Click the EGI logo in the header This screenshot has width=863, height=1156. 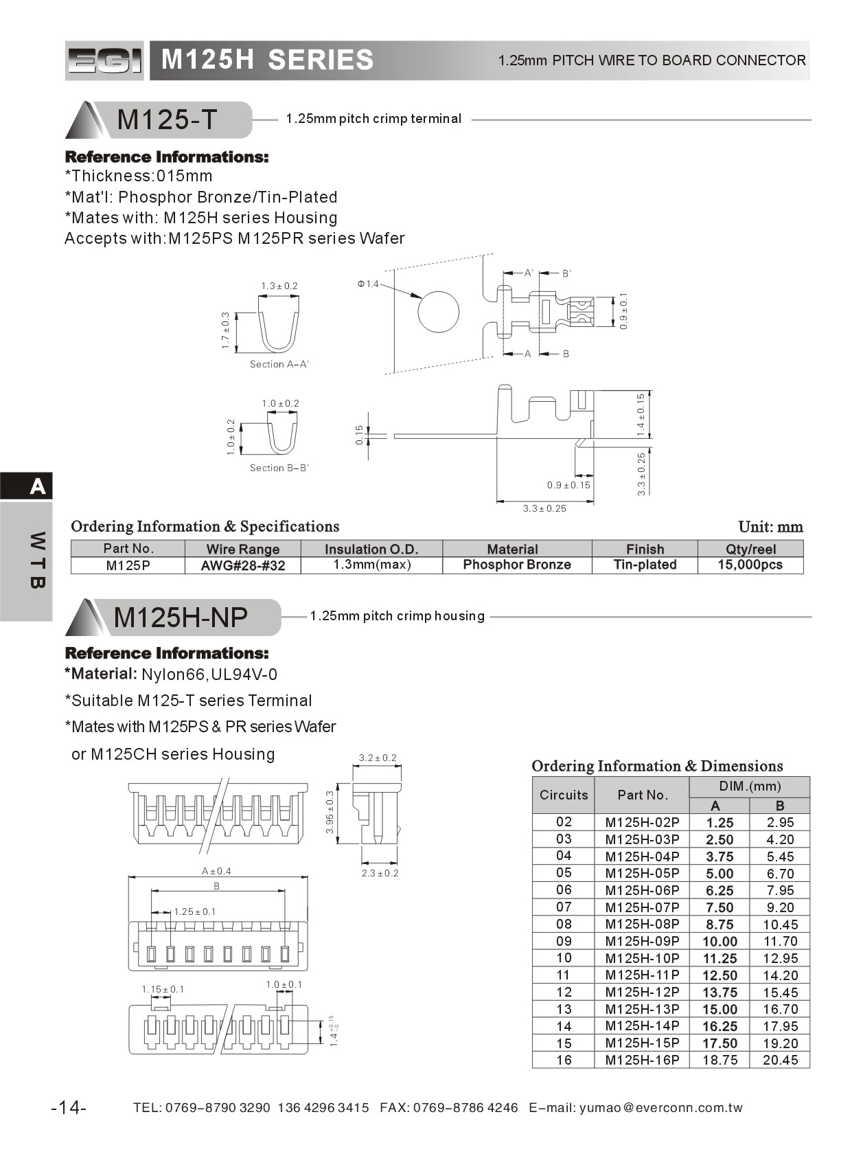(104, 60)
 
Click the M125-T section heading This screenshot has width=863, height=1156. (166, 120)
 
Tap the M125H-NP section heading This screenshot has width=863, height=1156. (180, 617)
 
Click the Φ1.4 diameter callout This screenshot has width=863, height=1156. (368, 284)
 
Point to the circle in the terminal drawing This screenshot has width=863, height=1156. (438, 311)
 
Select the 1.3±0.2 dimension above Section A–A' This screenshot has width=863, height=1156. (279, 286)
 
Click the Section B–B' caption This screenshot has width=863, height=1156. (279, 468)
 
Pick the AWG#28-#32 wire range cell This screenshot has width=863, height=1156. (242, 565)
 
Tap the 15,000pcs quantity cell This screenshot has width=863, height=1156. (750, 565)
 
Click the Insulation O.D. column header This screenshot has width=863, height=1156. (371, 549)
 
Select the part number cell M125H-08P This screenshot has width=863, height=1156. (642, 924)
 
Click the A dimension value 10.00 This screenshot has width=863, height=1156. (719, 941)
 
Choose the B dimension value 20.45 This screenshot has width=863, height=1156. (780, 1060)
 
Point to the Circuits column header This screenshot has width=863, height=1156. (564, 795)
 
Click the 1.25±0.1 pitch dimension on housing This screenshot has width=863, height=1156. (194, 911)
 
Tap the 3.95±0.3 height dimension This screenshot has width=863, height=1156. (330, 812)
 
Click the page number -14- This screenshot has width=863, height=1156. (69, 1107)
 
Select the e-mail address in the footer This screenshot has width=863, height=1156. (660, 1107)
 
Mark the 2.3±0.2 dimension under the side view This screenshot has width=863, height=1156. (380, 873)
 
